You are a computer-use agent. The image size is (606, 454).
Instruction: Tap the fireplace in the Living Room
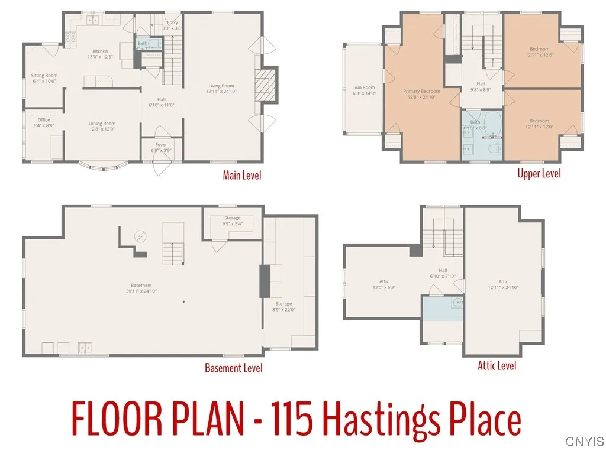[267, 87]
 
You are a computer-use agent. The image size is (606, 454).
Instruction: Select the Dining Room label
[102, 126]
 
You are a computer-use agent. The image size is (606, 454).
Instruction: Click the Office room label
[44, 122]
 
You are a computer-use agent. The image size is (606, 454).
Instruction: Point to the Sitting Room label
[44, 78]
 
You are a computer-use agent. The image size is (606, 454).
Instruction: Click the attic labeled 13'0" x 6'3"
[383, 284]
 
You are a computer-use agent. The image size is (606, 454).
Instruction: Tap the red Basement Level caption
[233, 368]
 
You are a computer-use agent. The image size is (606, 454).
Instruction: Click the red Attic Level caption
[497, 365]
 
